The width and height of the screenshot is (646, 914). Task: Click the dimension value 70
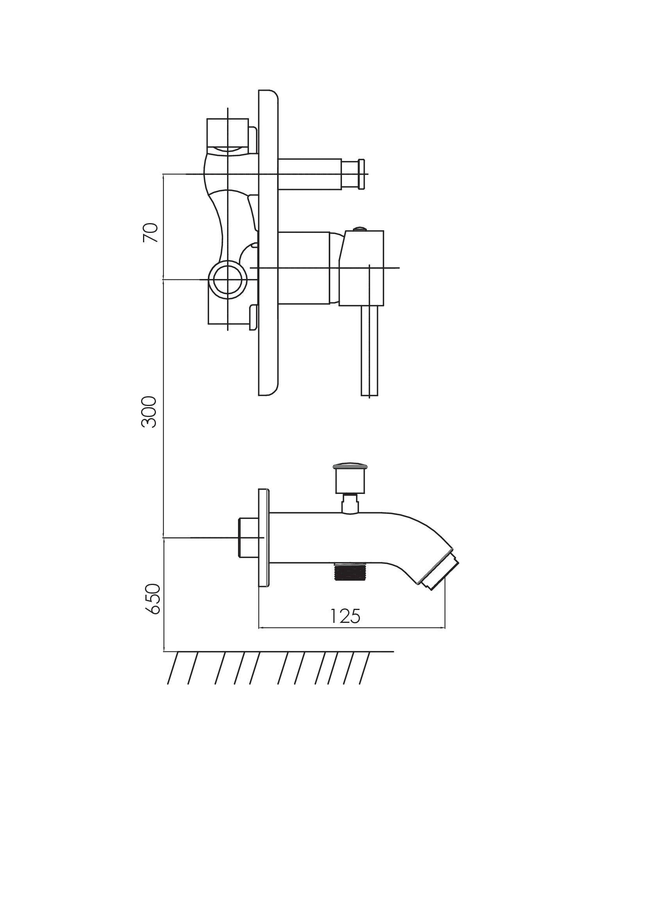[150, 233]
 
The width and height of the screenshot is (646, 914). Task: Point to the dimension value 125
[345, 616]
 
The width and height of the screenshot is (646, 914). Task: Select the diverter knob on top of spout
[350, 478]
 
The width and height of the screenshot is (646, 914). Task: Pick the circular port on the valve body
[228, 280]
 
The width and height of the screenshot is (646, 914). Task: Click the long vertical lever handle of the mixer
[370, 350]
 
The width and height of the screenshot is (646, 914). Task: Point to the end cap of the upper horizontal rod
[362, 174]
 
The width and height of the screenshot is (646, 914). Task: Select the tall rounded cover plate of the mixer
[268, 242]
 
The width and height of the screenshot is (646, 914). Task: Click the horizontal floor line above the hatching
[279, 652]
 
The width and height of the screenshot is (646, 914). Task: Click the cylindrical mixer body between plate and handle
[303, 268]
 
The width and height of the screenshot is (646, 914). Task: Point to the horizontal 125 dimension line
[352, 628]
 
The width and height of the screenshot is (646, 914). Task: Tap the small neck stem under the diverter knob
[350, 504]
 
